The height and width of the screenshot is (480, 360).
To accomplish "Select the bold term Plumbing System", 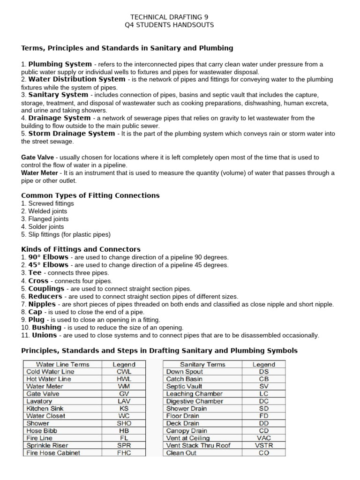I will coord(60,64).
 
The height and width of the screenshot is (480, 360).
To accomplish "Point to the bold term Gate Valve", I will coord(37,157).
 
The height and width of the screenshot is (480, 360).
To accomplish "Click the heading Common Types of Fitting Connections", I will coord(90,195).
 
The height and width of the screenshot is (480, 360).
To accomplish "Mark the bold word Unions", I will coord(44,335).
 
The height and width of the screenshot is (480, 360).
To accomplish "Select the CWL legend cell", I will coord(124,372).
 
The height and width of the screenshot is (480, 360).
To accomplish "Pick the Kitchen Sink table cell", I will coord(44,408).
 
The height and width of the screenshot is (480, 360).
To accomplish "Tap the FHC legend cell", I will coord(124,453).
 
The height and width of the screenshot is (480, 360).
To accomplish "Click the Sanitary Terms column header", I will coord(202,364).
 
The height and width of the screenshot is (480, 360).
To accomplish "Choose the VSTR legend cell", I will coord(263,445).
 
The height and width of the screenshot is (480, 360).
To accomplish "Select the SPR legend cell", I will coord(124,445).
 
